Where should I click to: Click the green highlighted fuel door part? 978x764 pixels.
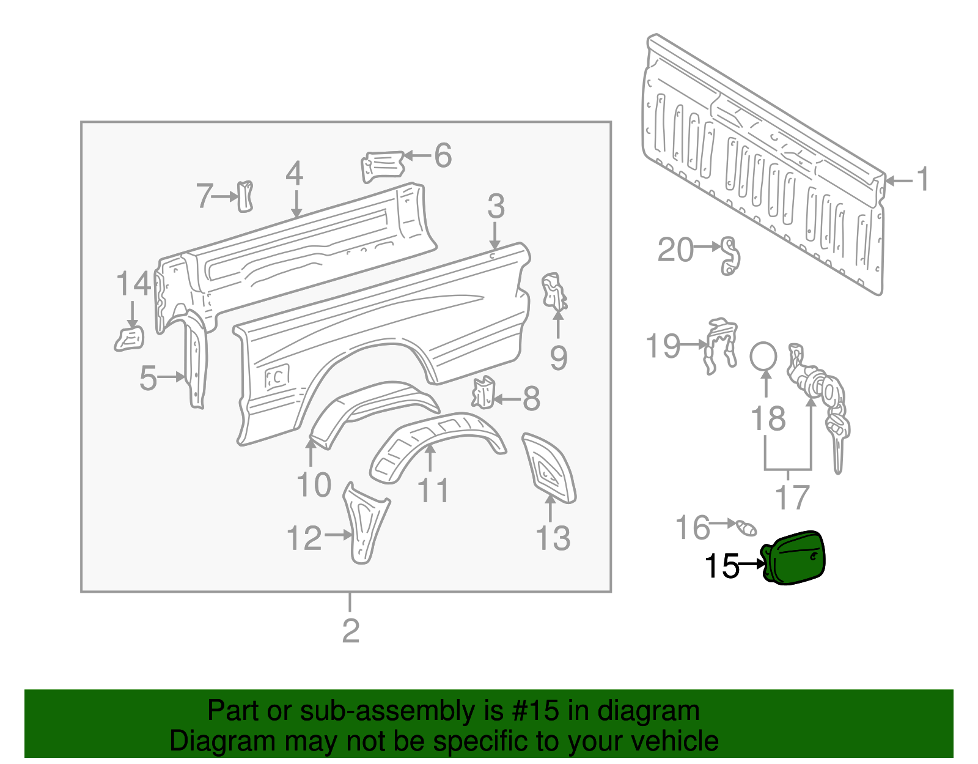point(795,558)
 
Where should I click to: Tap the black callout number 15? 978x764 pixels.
point(721,566)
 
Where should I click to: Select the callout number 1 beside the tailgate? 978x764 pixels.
point(922,180)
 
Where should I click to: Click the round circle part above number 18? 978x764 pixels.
point(763,356)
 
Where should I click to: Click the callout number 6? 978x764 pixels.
point(443,155)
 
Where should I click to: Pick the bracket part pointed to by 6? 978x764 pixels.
point(383,165)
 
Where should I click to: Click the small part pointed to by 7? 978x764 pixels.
point(245,196)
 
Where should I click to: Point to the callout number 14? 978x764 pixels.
point(133,284)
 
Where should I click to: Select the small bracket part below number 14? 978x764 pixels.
point(130,339)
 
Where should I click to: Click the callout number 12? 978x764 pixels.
point(304,538)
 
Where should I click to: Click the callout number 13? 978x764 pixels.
point(553,538)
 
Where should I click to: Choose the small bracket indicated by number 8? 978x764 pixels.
point(483,391)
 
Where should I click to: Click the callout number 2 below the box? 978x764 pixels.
point(350,631)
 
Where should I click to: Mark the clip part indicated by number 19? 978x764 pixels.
point(720,346)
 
